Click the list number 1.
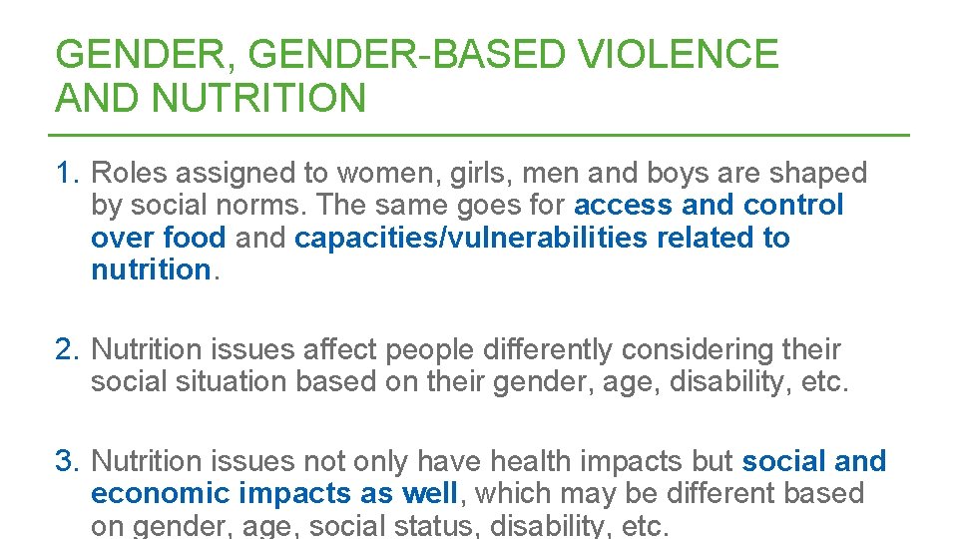coord(67,173)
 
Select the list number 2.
coord(67,349)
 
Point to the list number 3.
coord(67,461)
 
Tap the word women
coord(373,173)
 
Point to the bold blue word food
coord(197,238)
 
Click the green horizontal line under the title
coord(479,135)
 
